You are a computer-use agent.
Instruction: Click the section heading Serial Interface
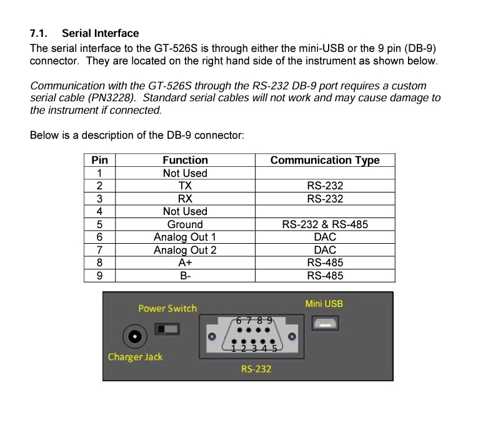[100, 33]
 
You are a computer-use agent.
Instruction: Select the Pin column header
[99, 160]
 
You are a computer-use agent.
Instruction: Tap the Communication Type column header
[324, 160]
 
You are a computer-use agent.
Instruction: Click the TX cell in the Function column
[185, 186]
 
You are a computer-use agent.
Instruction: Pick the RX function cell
[185, 199]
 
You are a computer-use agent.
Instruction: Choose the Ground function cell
[185, 224]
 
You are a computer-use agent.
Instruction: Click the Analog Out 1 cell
[185, 237]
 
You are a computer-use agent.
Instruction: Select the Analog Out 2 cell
[185, 250]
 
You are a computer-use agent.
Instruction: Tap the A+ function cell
[185, 263]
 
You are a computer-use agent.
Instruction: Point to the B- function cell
[185, 276]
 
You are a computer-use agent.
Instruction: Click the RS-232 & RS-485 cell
[324, 224]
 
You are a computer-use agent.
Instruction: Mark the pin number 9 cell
[99, 276]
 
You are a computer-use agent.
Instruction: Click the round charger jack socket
[132, 337]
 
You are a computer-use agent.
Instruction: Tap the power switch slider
[167, 328]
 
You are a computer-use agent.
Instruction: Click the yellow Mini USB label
[324, 304]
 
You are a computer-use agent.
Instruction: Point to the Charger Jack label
[135, 357]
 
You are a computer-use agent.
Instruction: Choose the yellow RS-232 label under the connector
[256, 369]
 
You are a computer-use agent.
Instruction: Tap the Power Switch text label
[167, 308]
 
